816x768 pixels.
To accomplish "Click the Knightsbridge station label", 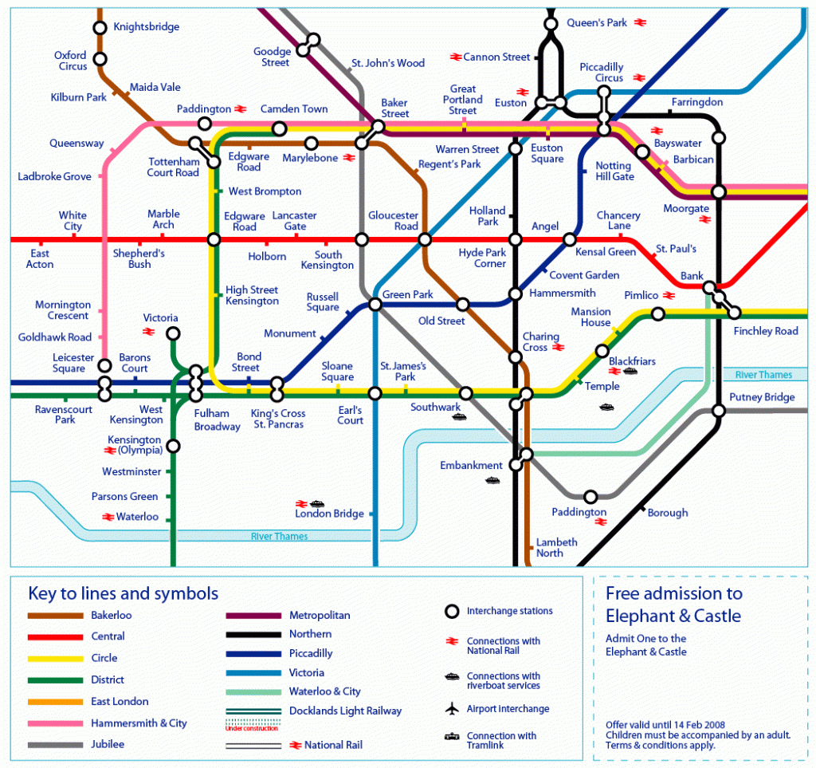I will tap(146, 27).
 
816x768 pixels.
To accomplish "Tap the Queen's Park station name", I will tap(597, 23).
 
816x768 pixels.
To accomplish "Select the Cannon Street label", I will tap(496, 57).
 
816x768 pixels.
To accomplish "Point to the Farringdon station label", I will tap(697, 103).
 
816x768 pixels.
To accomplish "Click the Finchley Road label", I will tap(766, 331).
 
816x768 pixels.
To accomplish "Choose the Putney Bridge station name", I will tap(763, 397).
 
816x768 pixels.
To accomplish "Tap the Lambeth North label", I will tap(555, 548).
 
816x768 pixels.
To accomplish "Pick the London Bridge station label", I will tap(329, 514).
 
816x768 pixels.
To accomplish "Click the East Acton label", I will tap(40, 259).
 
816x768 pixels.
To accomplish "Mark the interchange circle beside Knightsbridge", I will tap(100, 28).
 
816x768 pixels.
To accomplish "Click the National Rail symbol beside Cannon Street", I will tap(456, 57).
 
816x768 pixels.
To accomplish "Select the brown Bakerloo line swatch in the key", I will tap(55, 616).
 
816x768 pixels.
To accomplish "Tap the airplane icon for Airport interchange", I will tap(452, 709).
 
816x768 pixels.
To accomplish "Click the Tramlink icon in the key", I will tap(452, 736).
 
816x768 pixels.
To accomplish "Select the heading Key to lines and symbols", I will tap(123, 594).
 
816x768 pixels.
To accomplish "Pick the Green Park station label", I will tap(408, 295).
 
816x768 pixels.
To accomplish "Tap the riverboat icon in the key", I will tap(452, 677).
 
